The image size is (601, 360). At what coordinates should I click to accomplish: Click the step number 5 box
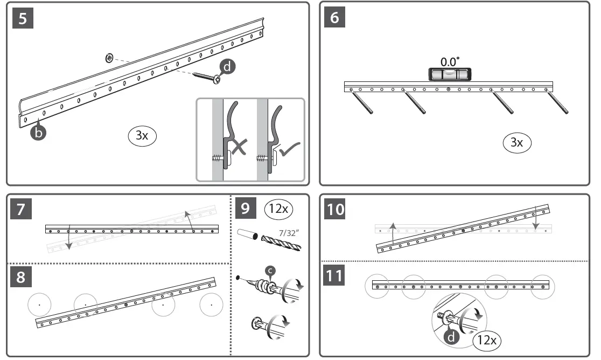click(x=23, y=18)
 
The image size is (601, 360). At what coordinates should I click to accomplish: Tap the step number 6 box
click(x=334, y=18)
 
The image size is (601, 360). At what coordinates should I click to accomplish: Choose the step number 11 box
click(x=336, y=277)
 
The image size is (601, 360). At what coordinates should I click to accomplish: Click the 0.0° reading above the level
click(x=450, y=61)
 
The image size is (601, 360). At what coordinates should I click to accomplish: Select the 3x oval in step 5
click(x=142, y=135)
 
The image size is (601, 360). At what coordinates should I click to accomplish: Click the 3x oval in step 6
click(x=516, y=142)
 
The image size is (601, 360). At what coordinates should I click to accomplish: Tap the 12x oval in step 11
click(x=487, y=340)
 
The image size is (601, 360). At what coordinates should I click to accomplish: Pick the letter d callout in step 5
click(x=228, y=67)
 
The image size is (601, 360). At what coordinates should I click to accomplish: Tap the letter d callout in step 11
click(x=450, y=337)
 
